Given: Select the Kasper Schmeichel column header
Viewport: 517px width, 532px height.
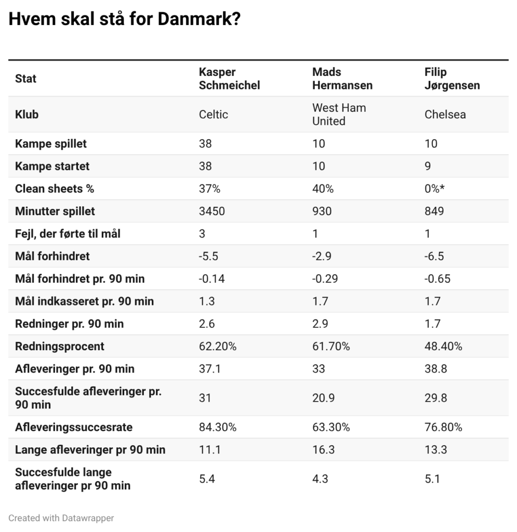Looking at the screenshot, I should point(229,78).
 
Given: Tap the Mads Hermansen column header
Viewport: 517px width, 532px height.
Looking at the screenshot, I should point(342,78).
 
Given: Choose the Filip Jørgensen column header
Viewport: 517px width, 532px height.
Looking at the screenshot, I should point(452,78).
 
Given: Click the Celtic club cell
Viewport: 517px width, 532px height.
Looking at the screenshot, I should point(214,114).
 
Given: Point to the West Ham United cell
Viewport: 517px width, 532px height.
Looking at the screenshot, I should point(339,114).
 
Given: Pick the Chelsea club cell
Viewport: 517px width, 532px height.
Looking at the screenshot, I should point(445,114).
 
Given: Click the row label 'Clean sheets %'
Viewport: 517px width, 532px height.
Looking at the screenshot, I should point(55,189).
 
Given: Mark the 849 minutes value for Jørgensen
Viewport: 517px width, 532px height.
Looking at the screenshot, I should point(434,211).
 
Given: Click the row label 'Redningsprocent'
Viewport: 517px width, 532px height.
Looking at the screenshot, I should point(60,346).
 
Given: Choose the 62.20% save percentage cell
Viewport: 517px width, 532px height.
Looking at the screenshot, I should point(217,346).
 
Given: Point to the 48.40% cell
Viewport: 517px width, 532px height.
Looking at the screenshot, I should point(443,346).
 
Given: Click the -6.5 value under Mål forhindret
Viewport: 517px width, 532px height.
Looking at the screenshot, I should point(434,256).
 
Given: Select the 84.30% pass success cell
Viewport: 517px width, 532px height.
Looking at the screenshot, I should point(217,427).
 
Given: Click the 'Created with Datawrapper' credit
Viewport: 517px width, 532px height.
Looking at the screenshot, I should point(61,517).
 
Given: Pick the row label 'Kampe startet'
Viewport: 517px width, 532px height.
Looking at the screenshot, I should point(52,166).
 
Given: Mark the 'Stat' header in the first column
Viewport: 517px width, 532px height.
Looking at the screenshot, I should point(26,79).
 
